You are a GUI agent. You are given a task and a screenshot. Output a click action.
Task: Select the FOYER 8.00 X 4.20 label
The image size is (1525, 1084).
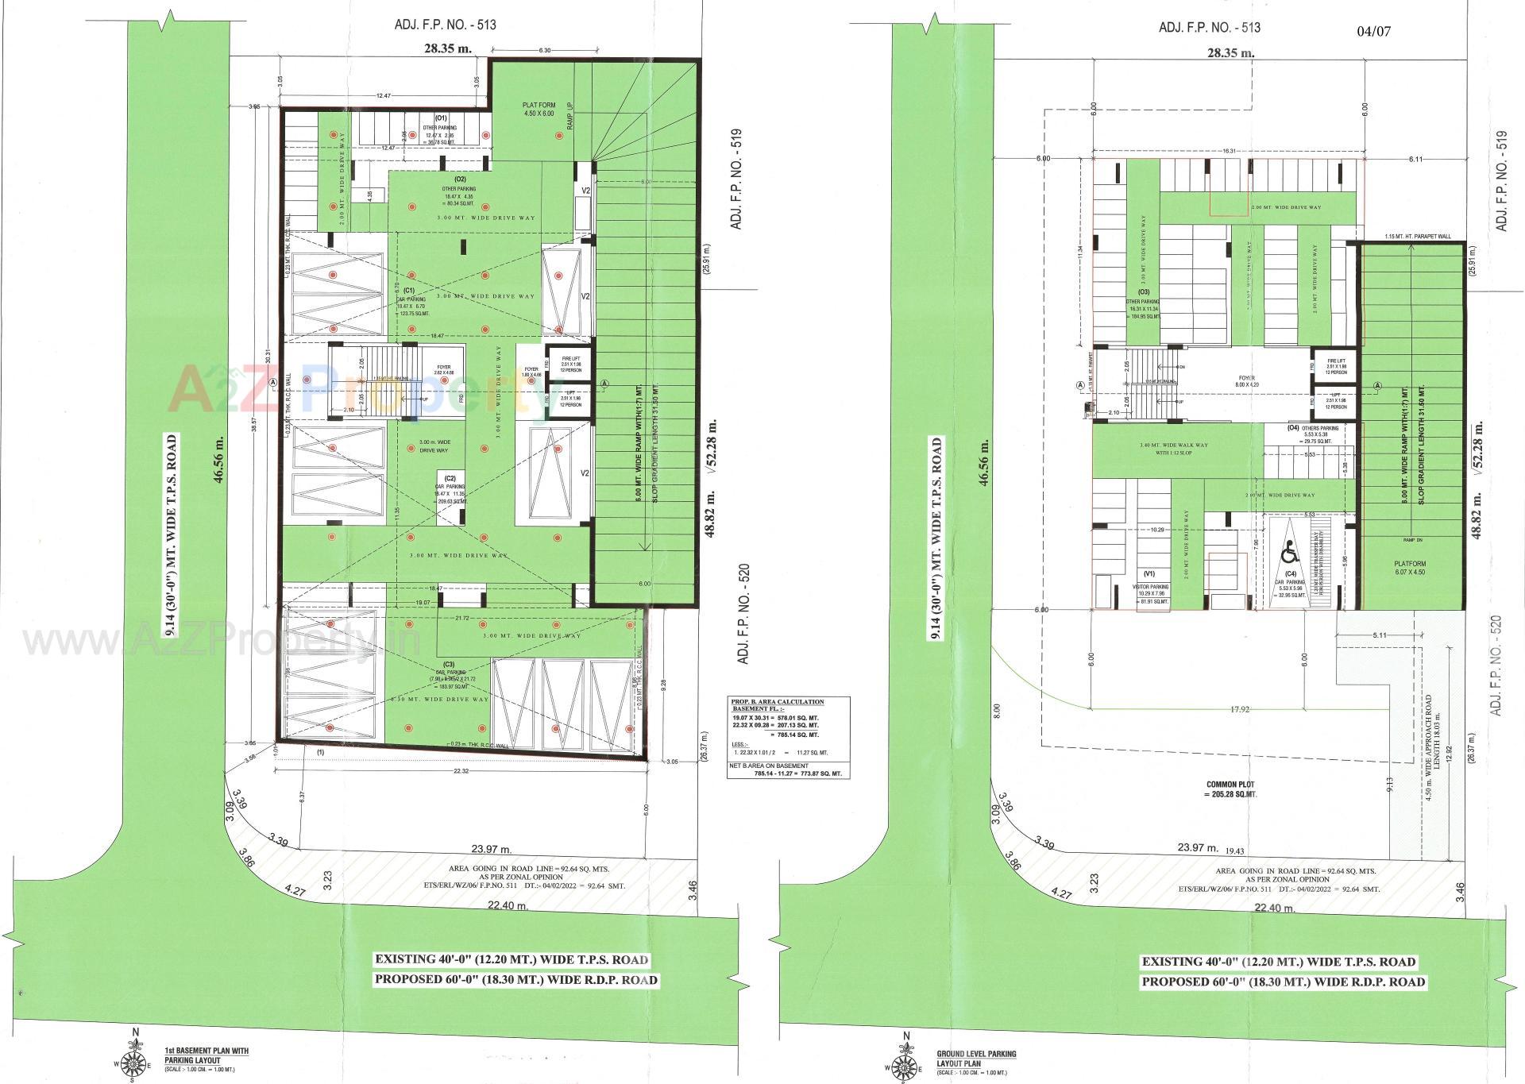[x=1246, y=382]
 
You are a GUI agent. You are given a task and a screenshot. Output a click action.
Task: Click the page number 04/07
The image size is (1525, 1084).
[x=1374, y=32]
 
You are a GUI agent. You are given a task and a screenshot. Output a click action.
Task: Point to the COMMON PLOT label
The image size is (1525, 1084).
[x=1228, y=789]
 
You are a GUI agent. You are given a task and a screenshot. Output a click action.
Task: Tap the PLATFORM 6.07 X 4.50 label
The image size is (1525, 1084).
[x=1409, y=569]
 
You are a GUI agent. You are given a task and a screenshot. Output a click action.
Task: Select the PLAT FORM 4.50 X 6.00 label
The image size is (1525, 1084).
[x=539, y=110]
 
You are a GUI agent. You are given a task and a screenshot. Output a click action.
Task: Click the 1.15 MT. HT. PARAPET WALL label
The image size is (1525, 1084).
[x=1417, y=237]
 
